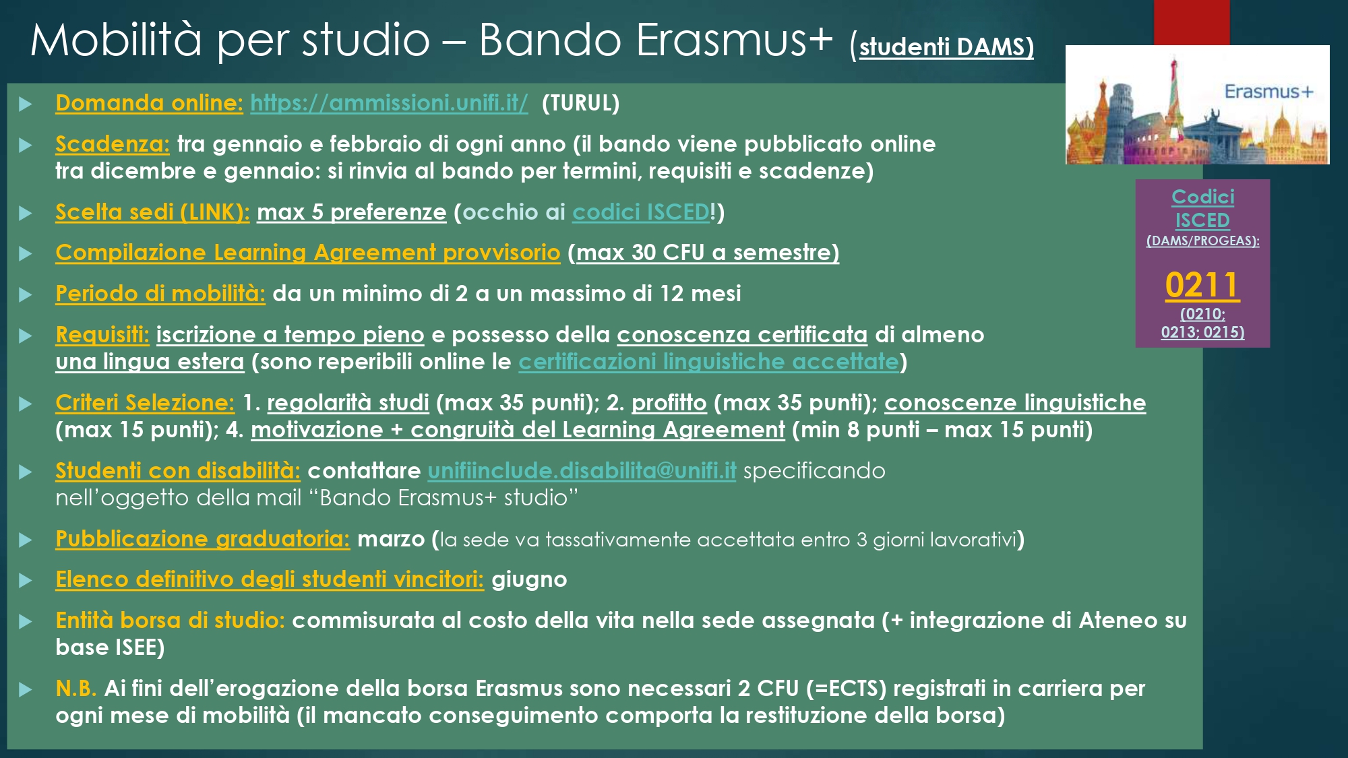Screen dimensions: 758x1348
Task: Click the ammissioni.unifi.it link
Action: click(x=389, y=103)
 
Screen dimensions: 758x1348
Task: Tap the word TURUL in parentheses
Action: click(x=580, y=103)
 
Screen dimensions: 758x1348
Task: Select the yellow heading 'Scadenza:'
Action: click(x=113, y=144)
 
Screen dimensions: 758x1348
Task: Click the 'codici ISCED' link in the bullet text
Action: click(x=640, y=212)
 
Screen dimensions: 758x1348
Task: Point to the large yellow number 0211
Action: click(x=1202, y=285)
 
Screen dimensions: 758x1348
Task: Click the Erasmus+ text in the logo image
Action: click(x=1268, y=92)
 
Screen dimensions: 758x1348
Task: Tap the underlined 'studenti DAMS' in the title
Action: click(x=946, y=46)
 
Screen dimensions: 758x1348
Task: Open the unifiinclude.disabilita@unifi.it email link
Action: click(x=582, y=471)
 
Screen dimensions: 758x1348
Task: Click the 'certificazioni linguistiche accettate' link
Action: click(x=709, y=362)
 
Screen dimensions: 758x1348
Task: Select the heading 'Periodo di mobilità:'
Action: click(x=160, y=294)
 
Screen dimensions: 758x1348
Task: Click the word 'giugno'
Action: click(x=529, y=579)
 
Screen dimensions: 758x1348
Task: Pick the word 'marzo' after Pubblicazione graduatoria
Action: click(x=391, y=539)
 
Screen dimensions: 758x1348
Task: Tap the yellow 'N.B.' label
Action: click(x=76, y=689)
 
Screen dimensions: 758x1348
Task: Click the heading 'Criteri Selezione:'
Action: click(x=145, y=403)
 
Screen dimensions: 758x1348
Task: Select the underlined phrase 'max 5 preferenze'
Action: click(x=351, y=212)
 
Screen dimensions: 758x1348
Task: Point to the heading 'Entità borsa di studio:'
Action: click(x=170, y=621)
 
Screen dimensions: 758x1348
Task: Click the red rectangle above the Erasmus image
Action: click(x=1192, y=22)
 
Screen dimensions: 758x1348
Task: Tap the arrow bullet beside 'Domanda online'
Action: click(x=26, y=104)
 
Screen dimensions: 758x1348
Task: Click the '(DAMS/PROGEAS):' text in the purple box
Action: click(x=1202, y=241)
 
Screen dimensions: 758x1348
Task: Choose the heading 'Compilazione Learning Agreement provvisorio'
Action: click(x=307, y=253)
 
